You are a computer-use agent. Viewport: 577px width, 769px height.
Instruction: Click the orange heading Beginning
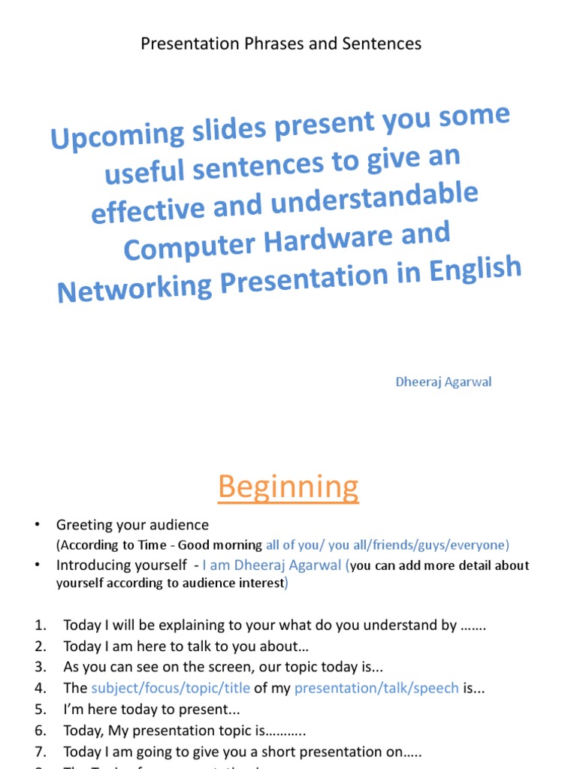[x=288, y=487]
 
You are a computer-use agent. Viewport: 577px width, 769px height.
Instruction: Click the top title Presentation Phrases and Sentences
[x=281, y=44]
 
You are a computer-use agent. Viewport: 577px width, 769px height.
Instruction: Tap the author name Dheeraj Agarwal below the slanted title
[x=443, y=381]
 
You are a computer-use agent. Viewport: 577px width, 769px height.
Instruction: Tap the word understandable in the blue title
[x=376, y=198]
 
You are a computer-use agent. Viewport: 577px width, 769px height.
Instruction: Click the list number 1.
[x=41, y=625]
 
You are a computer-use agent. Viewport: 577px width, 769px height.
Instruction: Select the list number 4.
[x=41, y=688]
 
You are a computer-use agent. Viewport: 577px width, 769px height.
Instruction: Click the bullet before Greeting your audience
[x=37, y=525]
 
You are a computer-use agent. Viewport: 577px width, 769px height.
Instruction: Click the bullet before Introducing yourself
[x=37, y=565]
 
